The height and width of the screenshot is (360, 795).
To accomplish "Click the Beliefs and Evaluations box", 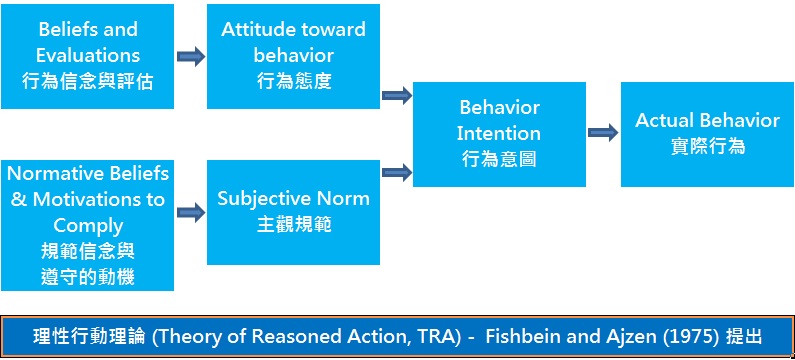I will pos(87,56).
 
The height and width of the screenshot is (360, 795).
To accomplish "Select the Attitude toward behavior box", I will pos(293,56).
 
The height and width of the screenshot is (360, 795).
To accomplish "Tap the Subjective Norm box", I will pos(293,211).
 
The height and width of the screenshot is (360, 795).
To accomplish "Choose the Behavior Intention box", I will pos(499,133).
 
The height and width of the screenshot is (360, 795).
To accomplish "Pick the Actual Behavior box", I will pos(707,133).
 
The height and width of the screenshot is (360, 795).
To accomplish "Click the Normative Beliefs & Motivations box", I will pos(87,224).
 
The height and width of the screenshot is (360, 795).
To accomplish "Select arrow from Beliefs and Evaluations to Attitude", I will pos(190,56).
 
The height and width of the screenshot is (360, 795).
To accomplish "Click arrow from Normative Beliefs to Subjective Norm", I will pos(190,212).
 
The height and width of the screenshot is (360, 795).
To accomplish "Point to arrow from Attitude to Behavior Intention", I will pos(397,96).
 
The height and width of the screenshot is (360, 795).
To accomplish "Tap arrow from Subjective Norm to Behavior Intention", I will pos(397,171).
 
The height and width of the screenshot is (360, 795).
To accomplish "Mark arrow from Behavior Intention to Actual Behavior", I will pos(603,132).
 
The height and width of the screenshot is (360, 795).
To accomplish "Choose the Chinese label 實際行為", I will pos(707,146).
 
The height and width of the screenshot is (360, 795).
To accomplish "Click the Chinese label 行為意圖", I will pos(499,159).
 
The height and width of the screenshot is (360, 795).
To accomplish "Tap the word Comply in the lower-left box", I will pos(88,225).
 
